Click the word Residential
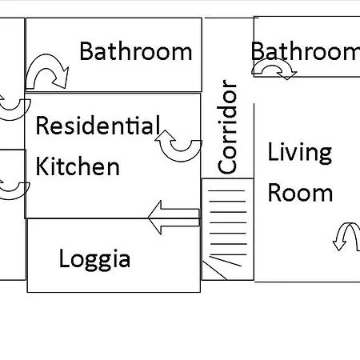[98, 125]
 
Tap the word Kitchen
[78, 166]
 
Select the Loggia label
[94, 259]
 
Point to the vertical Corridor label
[227, 126]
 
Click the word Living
[300, 152]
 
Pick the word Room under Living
[300, 193]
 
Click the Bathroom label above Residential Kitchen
[136, 50]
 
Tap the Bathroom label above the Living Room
[306, 50]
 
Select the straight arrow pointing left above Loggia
[174, 218]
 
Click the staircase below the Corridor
[227, 230]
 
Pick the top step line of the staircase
[226, 191]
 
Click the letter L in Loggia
[64, 258]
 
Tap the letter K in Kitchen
[42, 166]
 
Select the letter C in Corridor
[227, 166]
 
